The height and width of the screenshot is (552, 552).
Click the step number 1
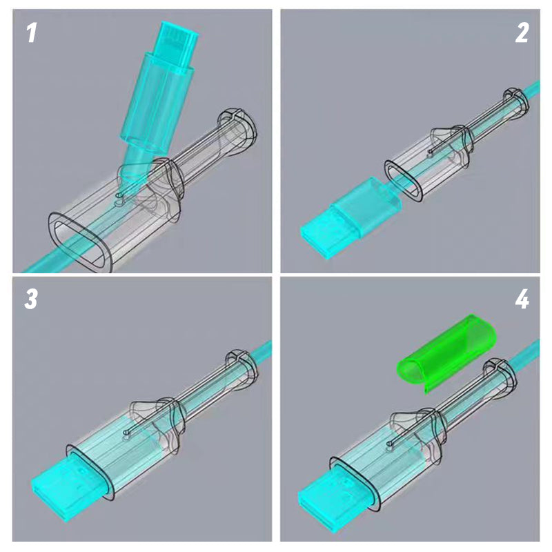click(x=32, y=33)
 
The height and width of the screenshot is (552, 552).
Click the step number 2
click(x=522, y=33)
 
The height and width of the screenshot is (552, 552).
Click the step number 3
click(x=31, y=299)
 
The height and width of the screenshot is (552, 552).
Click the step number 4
click(x=522, y=299)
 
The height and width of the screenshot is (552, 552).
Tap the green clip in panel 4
click(x=446, y=352)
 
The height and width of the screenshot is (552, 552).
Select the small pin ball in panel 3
click(x=126, y=433)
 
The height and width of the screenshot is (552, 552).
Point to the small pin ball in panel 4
click(x=390, y=444)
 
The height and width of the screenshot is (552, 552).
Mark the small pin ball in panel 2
click(x=430, y=151)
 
